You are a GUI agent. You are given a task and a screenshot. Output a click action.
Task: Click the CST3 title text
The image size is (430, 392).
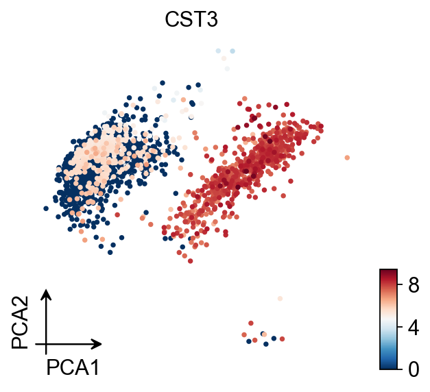tap(191, 21)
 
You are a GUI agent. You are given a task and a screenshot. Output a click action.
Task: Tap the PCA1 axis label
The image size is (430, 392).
tap(73, 368)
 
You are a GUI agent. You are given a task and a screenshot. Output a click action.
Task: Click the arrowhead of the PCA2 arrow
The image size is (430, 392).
tap(46, 293)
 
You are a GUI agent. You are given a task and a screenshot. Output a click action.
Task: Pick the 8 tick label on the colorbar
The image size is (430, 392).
tap(413, 286)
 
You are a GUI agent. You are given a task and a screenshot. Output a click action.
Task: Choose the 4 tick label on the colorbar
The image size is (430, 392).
tap(413, 328)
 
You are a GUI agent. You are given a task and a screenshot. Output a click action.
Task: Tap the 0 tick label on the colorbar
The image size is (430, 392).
tap(413, 370)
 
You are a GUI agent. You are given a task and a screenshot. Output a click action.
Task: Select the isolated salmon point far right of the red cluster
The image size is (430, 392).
tap(347, 158)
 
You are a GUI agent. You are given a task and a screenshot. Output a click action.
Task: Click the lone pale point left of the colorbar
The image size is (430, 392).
tap(280, 299)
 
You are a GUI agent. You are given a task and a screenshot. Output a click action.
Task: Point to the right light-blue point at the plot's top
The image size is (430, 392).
tap(232, 51)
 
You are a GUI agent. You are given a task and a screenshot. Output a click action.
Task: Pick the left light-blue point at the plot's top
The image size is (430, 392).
tap(218, 51)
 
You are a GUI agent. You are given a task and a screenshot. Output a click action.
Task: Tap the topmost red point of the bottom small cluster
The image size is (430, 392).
tap(251, 323)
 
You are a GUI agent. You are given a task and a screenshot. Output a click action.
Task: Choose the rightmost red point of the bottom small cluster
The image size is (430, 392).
tap(282, 339)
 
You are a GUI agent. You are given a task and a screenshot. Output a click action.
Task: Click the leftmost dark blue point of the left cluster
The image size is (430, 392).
tap(45, 208)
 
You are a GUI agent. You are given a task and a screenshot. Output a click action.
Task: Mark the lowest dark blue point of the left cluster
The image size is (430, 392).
tap(110, 252)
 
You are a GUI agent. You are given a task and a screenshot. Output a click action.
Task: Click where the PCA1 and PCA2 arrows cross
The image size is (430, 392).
tap(46, 343)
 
